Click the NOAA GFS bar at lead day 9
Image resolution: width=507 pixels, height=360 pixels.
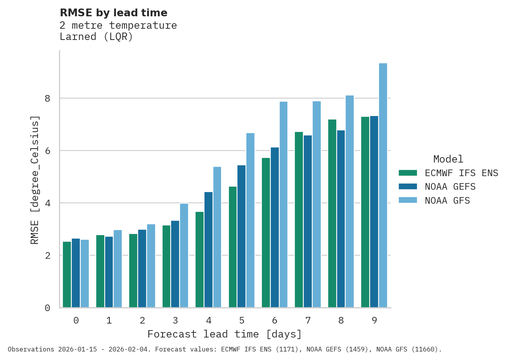point(383,185)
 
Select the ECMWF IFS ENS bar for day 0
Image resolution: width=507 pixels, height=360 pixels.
point(67,275)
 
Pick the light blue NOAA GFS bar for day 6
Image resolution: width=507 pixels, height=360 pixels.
point(284,205)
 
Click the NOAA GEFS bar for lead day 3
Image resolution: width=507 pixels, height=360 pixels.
point(175,264)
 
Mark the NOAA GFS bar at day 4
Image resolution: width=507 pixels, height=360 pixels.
point(217,237)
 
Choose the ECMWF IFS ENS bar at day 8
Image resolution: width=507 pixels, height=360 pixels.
point(332,214)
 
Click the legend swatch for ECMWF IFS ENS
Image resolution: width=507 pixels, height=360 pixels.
point(408,173)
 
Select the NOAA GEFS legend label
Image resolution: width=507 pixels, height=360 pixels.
point(450,187)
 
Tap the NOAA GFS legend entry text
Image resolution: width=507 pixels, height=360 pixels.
point(447,201)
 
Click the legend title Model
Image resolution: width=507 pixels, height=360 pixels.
point(448,159)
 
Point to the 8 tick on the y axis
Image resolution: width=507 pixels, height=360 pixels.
point(47,99)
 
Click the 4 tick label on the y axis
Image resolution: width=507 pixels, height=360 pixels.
point(47,203)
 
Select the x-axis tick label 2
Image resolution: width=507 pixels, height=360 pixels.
point(142,320)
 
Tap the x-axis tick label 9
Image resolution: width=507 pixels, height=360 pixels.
point(374,320)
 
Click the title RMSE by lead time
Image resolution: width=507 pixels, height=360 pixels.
point(113,13)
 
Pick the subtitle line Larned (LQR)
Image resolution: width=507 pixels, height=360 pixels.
point(96,37)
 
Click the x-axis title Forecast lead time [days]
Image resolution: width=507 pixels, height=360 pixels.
point(224,334)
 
